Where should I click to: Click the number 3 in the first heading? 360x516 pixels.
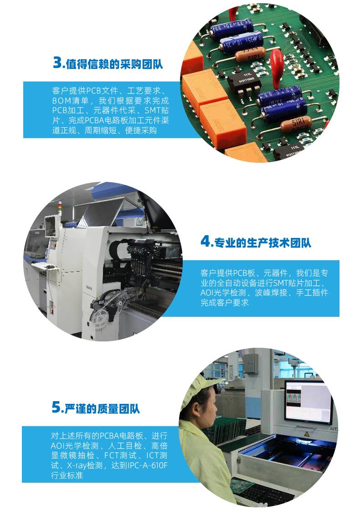coord(57,62)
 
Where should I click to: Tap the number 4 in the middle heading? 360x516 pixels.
coord(206,242)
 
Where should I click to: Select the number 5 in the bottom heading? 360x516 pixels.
coord(56,407)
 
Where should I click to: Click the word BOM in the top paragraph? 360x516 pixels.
coord(62,101)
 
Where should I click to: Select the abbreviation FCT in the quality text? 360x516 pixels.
coord(112,455)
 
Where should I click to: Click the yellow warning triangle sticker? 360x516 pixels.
coord(307,434)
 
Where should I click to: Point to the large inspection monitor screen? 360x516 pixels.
coord(309,402)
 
